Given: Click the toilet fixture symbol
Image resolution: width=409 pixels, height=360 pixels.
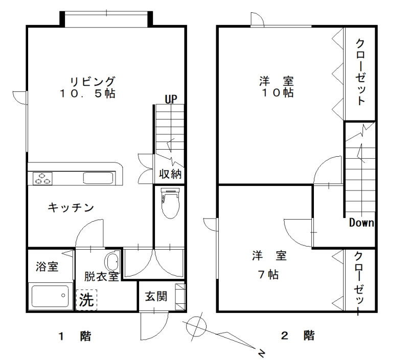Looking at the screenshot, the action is pyautogui.click(x=170, y=203).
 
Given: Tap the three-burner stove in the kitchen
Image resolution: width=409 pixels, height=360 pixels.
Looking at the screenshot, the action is pyautogui.click(x=42, y=178).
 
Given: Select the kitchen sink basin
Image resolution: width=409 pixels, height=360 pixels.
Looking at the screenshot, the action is pyautogui.click(x=98, y=178).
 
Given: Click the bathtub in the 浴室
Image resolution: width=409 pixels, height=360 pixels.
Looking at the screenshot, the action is pyautogui.click(x=50, y=296).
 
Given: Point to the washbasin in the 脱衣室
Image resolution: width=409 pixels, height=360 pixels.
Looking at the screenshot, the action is pyautogui.click(x=112, y=261).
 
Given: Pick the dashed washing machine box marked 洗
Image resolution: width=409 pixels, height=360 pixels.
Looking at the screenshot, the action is pyautogui.click(x=86, y=300).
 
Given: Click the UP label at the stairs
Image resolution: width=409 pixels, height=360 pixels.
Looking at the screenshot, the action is pyautogui.click(x=171, y=99).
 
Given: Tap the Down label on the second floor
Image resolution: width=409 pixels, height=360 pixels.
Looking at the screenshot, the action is pyautogui.click(x=361, y=223).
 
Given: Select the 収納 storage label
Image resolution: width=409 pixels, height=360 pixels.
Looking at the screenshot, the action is pyautogui.click(x=170, y=174).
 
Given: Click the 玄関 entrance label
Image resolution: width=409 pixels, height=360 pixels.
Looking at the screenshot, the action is pyautogui.click(x=156, y=296).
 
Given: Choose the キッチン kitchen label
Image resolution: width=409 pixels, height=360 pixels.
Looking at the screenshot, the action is pyautogui.click(x=71, y=208).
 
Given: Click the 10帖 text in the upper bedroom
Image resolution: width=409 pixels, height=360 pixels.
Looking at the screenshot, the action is pyautogui.click(x=278, y=93).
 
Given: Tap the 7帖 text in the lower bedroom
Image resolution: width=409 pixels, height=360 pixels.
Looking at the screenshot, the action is pyautogui.click(x=268, y=275).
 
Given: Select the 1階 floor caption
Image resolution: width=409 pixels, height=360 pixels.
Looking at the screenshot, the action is pyautogui.click(x=75, y=336).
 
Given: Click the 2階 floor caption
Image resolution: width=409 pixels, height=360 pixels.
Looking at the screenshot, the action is pyautogui.click(x=298, y=335).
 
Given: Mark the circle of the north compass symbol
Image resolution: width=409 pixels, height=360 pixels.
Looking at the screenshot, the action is pyautogui.click(x=197, y=326).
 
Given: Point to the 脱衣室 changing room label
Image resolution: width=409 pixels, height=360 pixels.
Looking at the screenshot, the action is pyautogui.click(x=101, y=276).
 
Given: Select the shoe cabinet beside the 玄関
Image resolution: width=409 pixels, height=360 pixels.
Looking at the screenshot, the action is pyautogui.click(x=180, y=297).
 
